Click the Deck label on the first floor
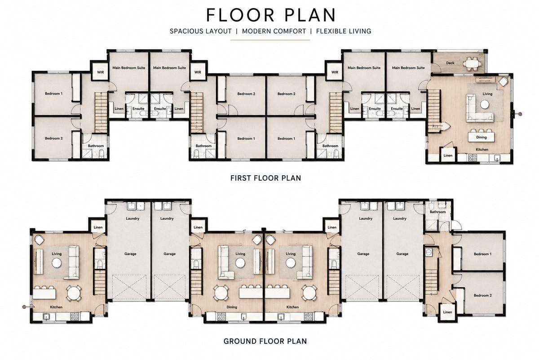[450, 63]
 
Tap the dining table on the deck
[473, 63]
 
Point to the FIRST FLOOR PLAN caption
[265, 178]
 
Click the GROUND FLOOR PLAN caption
[265, 341]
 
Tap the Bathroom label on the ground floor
[437, 212]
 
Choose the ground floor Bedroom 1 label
[482, 254]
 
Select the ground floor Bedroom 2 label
[483, 295]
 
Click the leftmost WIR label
[100, 72]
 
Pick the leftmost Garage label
[130, 254]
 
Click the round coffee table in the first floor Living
[485, 105]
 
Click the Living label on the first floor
[487, 93]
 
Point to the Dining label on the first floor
[481, 137]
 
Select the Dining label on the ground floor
[232, 307]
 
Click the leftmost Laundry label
[133, 218]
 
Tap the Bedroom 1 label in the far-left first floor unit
[53, 93]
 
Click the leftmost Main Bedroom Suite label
[129, 68]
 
